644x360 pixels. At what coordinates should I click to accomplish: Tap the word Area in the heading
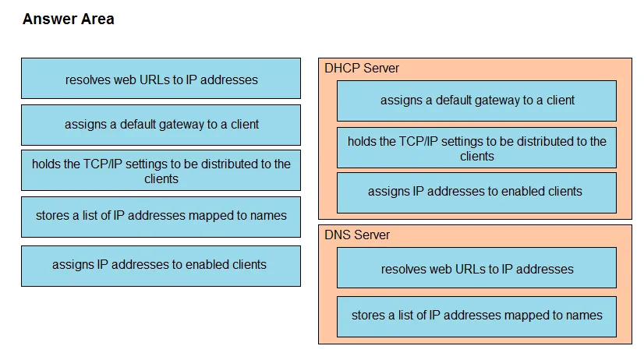coord(97,19)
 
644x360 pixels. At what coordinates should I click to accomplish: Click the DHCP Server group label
coord(362,68)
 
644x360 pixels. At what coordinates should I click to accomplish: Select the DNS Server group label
coord(357,235)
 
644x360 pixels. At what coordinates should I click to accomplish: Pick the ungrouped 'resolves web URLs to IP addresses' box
coord(161,79)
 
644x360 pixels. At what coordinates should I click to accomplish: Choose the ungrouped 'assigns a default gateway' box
coord(161,125)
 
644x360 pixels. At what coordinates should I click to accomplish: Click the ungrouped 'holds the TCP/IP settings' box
coord(161,171)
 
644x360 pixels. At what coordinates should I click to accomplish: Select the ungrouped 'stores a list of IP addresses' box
coord(161,217)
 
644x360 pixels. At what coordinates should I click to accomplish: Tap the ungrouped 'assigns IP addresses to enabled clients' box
coord(161,266)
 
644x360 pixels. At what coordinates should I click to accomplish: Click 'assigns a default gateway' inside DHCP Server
coord(476,101)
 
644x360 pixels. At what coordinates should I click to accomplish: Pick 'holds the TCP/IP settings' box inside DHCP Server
coord(476,148)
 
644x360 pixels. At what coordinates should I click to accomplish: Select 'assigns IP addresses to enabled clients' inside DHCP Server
coord(476,193)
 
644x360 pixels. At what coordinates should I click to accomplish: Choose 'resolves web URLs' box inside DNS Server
coord(476,267)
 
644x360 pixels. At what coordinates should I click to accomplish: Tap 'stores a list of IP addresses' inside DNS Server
coord(476,317)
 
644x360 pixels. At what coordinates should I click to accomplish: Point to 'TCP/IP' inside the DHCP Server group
coord(419,142)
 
